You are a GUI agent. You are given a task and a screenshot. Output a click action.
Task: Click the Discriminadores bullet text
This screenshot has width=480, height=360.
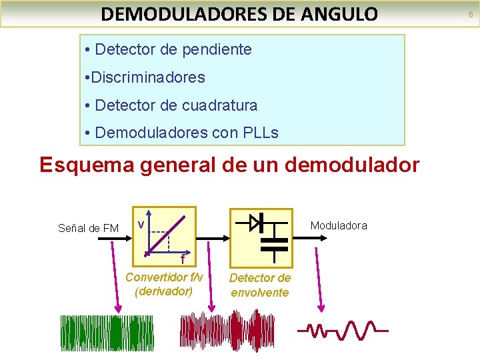147,77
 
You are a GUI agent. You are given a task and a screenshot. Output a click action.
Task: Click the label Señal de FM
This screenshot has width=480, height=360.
88,229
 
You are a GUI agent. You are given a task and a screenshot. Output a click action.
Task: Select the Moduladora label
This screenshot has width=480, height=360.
339,226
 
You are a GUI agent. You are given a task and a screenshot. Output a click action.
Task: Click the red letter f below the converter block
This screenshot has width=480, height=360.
181,259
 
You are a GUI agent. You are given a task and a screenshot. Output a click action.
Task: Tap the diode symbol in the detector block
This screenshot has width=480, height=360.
256,222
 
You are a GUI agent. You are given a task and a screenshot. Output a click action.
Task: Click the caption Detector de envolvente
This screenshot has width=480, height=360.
260,285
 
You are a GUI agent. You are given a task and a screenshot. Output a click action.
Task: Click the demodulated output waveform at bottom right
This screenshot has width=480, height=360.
343,329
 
